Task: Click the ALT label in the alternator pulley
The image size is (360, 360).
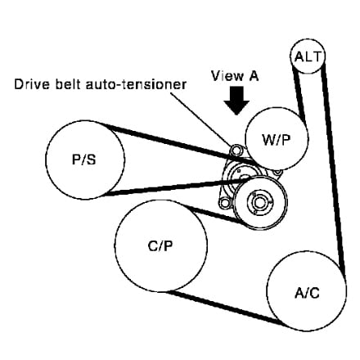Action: [x=308, y=57]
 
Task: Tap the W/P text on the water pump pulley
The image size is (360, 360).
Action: [x=277, y=139]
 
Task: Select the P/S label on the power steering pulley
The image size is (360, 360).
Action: [x=84, y=160]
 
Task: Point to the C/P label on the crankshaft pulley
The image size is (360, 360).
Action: [x=160, y=246]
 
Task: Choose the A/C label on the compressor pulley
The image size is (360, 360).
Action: [x=307, y=293]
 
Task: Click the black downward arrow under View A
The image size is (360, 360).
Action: [x=236, y=101]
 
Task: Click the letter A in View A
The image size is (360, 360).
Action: [x=252, y=76]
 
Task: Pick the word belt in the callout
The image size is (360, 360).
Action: [x=68, y=84]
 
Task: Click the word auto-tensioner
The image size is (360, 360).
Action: [x=136, y=84]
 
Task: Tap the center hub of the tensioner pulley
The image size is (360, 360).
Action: [x=259, y=202]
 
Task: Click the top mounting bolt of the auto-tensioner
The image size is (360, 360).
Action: [x=236, y=150]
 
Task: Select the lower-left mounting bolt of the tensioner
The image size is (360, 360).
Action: [x=224, y=203]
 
